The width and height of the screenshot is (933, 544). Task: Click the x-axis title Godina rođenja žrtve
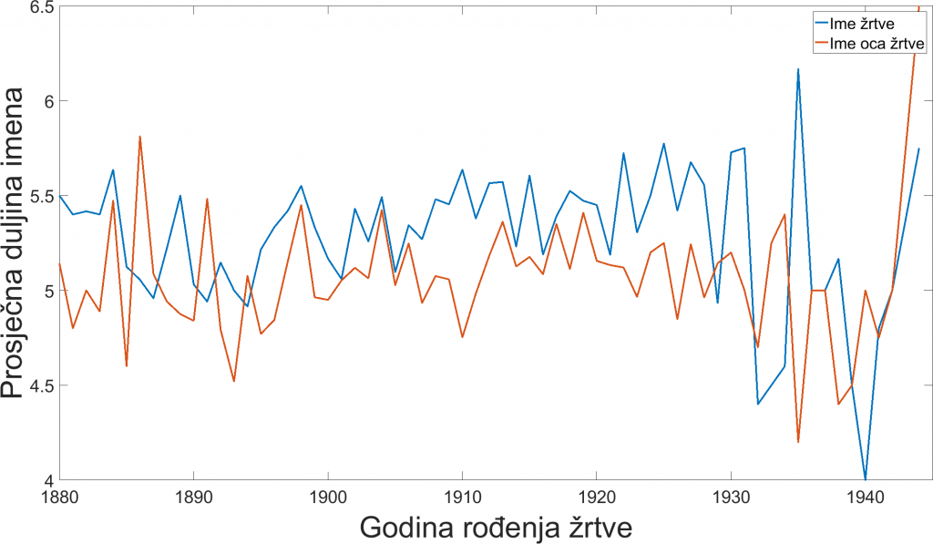point(496,528)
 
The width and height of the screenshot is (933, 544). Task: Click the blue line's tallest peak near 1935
point(798,69)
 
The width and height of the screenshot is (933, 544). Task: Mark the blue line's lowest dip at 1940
point(865,478)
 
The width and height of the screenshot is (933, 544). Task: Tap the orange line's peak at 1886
point(139,137)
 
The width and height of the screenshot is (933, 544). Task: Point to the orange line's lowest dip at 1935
point(798,442)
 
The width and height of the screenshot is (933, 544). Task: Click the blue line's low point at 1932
point(758,404)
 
